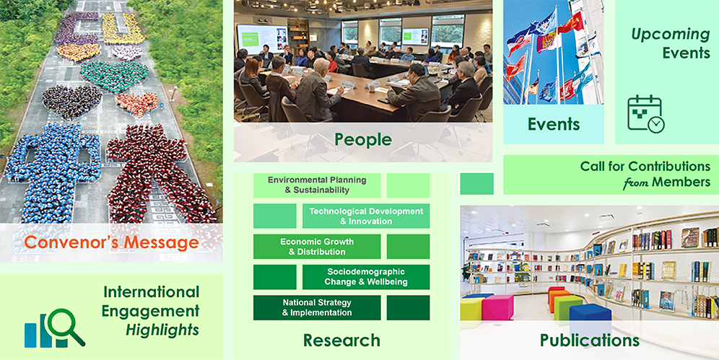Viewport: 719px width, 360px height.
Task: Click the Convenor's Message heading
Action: pos(111,242)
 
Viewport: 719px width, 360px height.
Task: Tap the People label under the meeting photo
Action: pos(363,140)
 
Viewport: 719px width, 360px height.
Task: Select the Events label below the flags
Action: pos(554,124)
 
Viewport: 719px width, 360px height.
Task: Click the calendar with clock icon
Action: pos(645,114)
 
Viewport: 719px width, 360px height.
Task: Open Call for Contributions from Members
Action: pos(645,174)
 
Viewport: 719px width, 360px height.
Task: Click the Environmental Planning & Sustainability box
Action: pos(317,185)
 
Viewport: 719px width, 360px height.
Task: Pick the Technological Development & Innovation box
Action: pos(366,216)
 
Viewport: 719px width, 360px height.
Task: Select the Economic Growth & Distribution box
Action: pos(317,247)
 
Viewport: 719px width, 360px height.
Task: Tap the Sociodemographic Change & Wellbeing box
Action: pos(366,277)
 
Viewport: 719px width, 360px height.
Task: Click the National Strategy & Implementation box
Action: pos(317,307)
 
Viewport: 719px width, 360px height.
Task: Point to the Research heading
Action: pos(341,341)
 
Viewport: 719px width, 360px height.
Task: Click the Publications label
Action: pos(589,341)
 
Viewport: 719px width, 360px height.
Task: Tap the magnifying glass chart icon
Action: pos(55,328)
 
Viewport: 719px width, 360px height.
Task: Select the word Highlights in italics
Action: pos(162,330)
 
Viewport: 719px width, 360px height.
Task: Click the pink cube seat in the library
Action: pos(497,307)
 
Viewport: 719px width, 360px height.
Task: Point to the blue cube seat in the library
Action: pos(591,317)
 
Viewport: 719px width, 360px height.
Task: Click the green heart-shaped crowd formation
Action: pos(114,76)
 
